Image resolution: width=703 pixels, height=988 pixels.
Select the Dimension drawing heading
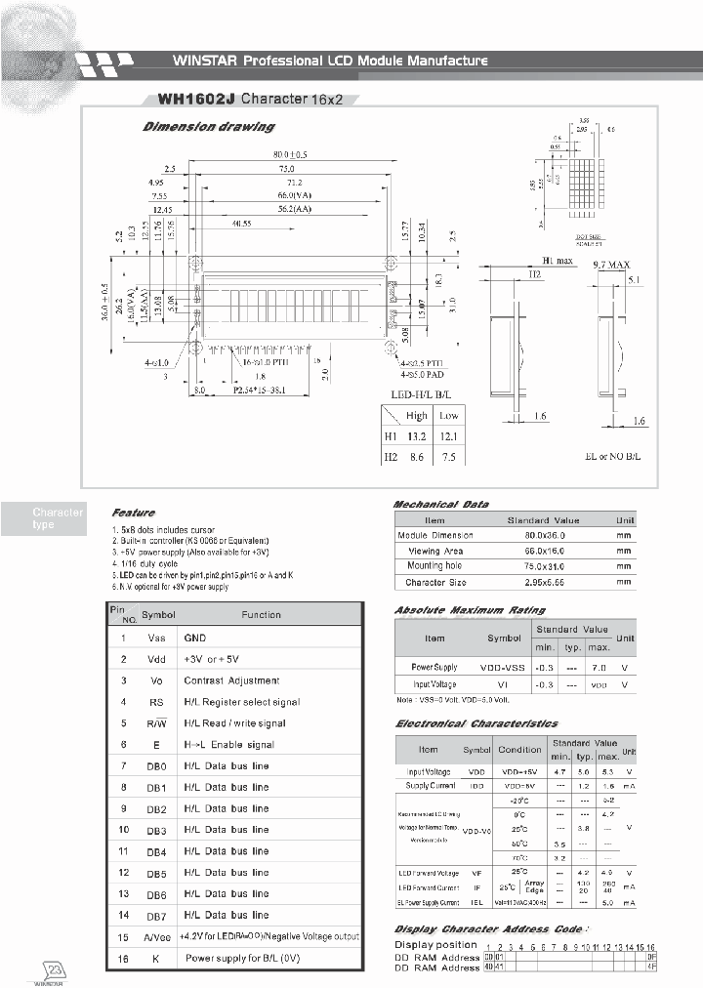pyautogui.click(x=208, y=127)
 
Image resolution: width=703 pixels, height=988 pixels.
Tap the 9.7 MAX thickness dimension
pyautogui.click(x=611, y=264)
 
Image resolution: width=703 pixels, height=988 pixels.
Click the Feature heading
pyautogui.click(x=133, y=513)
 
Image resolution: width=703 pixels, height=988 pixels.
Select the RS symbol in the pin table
pyautogui.click(x=156, y=702)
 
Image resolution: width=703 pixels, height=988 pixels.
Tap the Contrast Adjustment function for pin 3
pyautogui.click(x=231, y=680)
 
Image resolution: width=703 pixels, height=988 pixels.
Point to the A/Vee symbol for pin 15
pyautogui.click(x=156, y=936)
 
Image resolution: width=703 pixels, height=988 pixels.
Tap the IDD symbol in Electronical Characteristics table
pyautogui.click(x=476, y=786)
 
